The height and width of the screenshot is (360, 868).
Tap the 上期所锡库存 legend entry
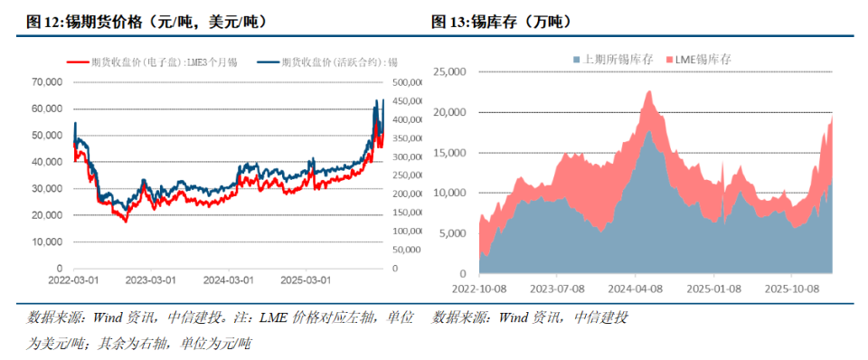pyautogui.click(x=610, y=59)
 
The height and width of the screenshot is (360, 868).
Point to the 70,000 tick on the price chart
pyautogui.click(x=46, y=81)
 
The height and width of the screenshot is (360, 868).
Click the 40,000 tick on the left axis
pyautogui.click(x=46, y=162)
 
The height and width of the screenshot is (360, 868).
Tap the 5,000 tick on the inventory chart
pyautogui.click(x=449, y=233)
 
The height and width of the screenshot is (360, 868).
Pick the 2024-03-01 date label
pyautogui.click(x=228, y=281)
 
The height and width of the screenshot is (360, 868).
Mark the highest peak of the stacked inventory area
pyautogui.click(x=649, y=91)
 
